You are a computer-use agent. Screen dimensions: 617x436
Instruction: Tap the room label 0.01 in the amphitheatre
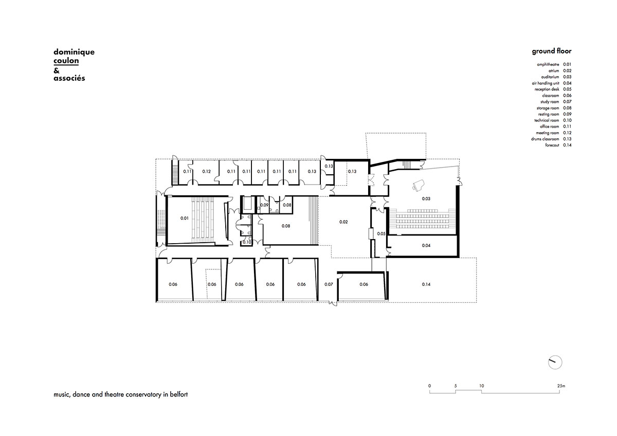point(184,218)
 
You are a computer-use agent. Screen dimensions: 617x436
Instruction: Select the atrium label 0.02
point(343,222)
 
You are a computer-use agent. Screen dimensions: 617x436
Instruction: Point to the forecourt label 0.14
point(426,284)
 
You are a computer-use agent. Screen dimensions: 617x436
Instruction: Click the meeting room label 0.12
point(206,171)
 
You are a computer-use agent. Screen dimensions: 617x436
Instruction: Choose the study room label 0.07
point(329,284)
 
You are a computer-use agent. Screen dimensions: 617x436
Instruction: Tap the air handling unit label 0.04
point(426,245)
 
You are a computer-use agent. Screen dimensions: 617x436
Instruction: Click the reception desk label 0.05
point(381,233)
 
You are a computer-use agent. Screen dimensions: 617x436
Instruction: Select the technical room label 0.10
point(247,242)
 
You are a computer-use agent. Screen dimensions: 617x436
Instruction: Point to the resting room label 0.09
point(264,205)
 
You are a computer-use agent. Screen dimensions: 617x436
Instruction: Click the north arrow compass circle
point(555,362)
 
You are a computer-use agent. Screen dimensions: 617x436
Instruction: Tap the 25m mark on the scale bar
point(561,386)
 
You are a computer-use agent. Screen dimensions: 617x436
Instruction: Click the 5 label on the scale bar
point(456,386)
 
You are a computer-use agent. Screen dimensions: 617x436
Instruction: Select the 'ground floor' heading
point(551,51)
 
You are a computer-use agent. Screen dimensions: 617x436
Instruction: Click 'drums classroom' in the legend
point(545,139)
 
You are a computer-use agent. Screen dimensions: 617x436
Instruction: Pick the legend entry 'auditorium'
point(550,77)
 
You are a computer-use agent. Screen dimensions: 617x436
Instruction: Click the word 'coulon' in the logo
point(66,61)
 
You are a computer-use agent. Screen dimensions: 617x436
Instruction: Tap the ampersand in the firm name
point(57,71)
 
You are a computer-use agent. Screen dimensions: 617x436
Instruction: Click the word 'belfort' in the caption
point(179,394)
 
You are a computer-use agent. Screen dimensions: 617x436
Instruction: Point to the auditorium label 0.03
point(426,198)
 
